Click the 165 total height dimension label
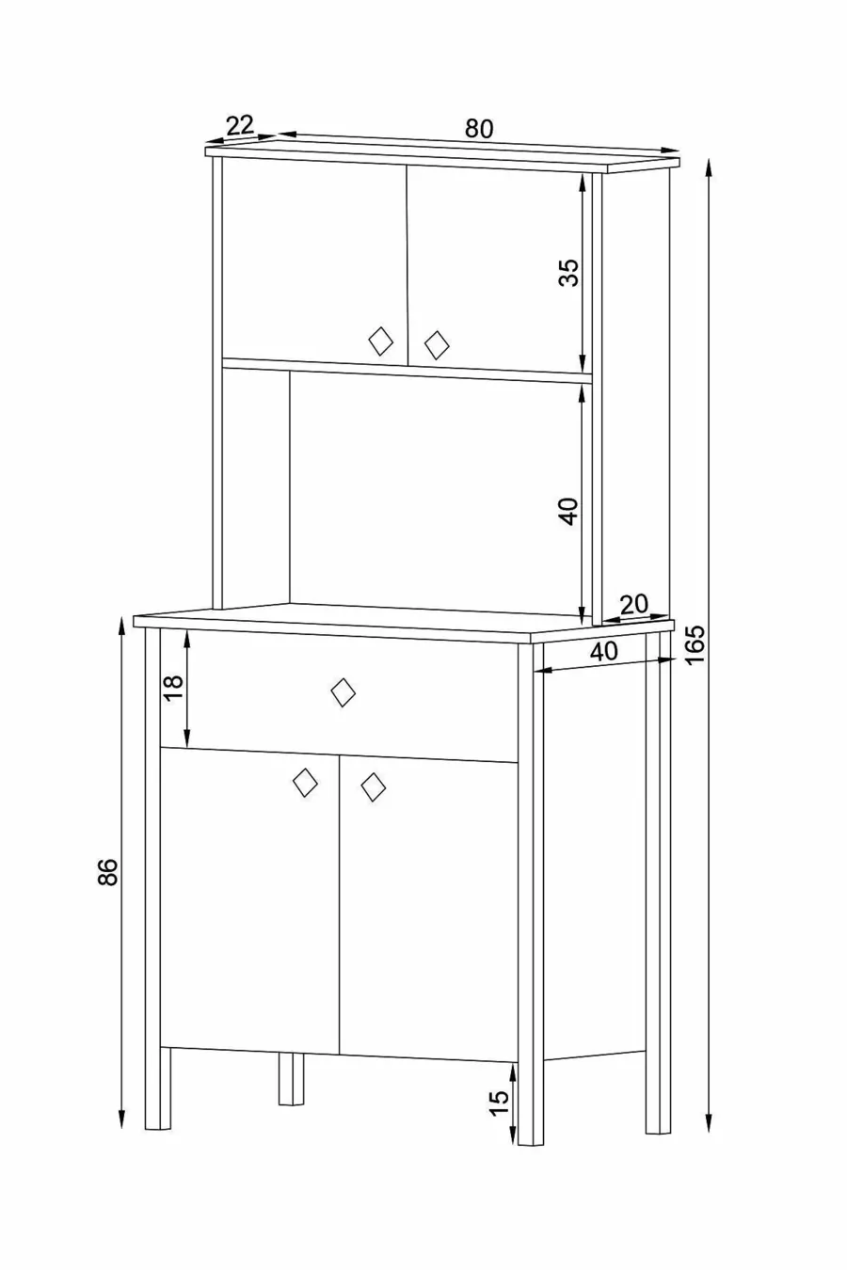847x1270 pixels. pos(695,643)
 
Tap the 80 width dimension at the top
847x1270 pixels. pos(479,129)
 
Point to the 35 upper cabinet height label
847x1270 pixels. pos(567,272)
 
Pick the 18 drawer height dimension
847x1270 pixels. pos(173,688)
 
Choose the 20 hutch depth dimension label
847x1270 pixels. pos(633,605)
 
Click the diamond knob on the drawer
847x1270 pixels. pos(344,692)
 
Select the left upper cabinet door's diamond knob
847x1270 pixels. pos(380,341)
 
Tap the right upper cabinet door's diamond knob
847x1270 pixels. pos(437,344)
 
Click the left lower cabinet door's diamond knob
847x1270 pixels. pos(306,783)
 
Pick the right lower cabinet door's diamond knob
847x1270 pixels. pos(374,787)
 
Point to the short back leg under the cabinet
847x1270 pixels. pos(291,1079)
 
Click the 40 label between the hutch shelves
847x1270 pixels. pos(567,511)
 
